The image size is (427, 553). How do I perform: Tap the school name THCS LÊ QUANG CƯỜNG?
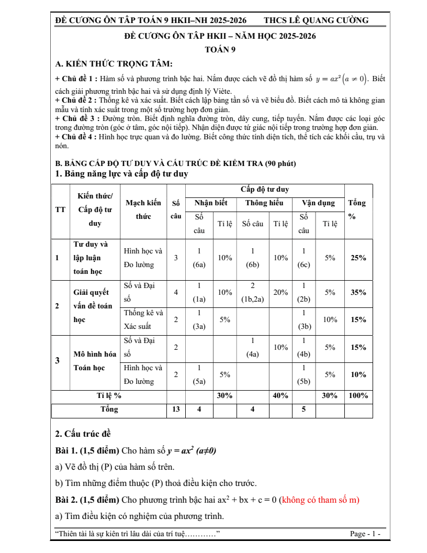[316, 20]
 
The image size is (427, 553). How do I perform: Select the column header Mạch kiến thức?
[143, 209]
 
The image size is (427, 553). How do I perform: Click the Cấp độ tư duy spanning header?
[265, 190]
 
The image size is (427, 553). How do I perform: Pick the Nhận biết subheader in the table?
[211, 203]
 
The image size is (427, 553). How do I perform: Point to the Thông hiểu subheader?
[264, 203]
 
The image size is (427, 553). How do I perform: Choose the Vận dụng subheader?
[318, 203]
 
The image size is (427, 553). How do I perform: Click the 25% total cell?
[358, 258]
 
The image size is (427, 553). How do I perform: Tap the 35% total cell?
[358, 293]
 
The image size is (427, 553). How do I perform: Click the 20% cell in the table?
[280, 293]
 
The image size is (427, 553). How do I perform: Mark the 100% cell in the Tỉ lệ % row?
[358, 396]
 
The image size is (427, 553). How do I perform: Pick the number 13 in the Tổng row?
[176, 410]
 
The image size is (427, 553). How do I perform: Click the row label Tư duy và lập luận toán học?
[91, 258]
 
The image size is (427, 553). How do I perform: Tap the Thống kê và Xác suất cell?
[143, 319]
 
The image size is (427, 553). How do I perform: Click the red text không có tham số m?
[320, 500]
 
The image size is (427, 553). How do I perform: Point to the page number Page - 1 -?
[365, 534]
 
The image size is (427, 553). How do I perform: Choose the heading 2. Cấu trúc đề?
[83, 433]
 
